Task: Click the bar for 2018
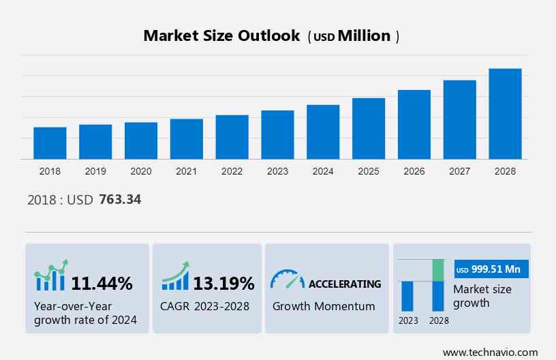point(50,143)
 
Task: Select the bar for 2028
point(505,114)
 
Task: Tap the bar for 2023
point(277,135)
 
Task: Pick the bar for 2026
point(414,125)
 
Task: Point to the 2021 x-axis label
point(187,171)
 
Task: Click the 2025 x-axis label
point(369,171)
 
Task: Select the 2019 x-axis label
point(95,171)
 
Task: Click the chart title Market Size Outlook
point(221,36)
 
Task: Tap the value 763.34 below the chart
point(120,200)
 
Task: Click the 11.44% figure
point(102,283)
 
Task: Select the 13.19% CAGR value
point(223,283)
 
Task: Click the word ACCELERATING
point(345,284)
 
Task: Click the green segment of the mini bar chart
point(438,270)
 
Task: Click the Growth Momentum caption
point(324,306)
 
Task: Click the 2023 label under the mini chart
point(408,320)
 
